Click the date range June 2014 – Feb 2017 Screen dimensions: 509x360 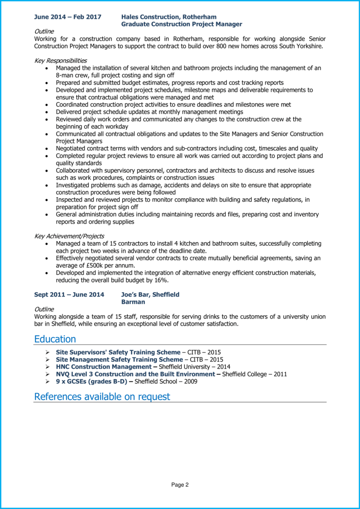tap(68, 17)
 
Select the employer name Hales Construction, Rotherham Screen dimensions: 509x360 tap(169, 17)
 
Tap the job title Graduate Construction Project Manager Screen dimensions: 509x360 tap(181, 24)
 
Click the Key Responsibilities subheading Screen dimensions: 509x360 tap(60, 60)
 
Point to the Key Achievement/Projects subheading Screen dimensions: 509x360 tap(69, 236)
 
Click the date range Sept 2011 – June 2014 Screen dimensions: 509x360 tap(69, 295)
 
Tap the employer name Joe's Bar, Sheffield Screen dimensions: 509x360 tap(150, 295)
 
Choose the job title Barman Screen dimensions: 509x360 tap(133, 302)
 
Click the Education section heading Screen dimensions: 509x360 tap(55, 339)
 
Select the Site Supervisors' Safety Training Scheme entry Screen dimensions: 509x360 tap(118, 352)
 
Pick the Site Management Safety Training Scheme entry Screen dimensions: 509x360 tap(119, 359)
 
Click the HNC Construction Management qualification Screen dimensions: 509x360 tap(104, 367)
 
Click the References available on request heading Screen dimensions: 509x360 tap(102, 397)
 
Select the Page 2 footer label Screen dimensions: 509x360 tap(180, 485)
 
